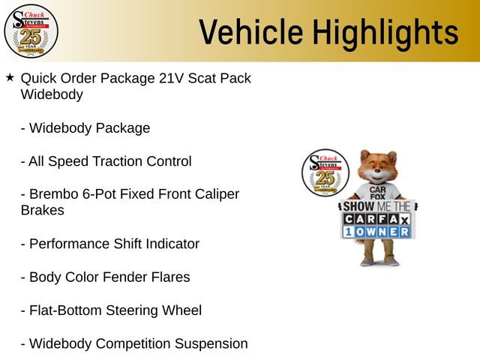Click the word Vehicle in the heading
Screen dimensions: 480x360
click(x=251, y=31)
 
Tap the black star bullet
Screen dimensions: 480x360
click(x=10, y=77)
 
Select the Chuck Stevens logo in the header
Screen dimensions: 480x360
click(x=31, y=31)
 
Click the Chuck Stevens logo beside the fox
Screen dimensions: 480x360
click(x=325, y=172)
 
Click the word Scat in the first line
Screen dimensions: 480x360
click(x=201, y=78)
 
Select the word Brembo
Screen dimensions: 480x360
click(x=53, y=193)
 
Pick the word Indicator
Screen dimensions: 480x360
click(x=172, y=244)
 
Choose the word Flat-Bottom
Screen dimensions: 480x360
click(x=65, y=310)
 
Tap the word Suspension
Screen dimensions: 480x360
click(x=211, y=343)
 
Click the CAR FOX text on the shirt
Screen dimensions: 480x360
click(x=377, y=193)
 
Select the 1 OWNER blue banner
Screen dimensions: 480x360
click(x=376, y=232)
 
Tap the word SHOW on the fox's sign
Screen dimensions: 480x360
click(x=358, y=206)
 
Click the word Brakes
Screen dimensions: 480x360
click(x=43, y=210)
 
